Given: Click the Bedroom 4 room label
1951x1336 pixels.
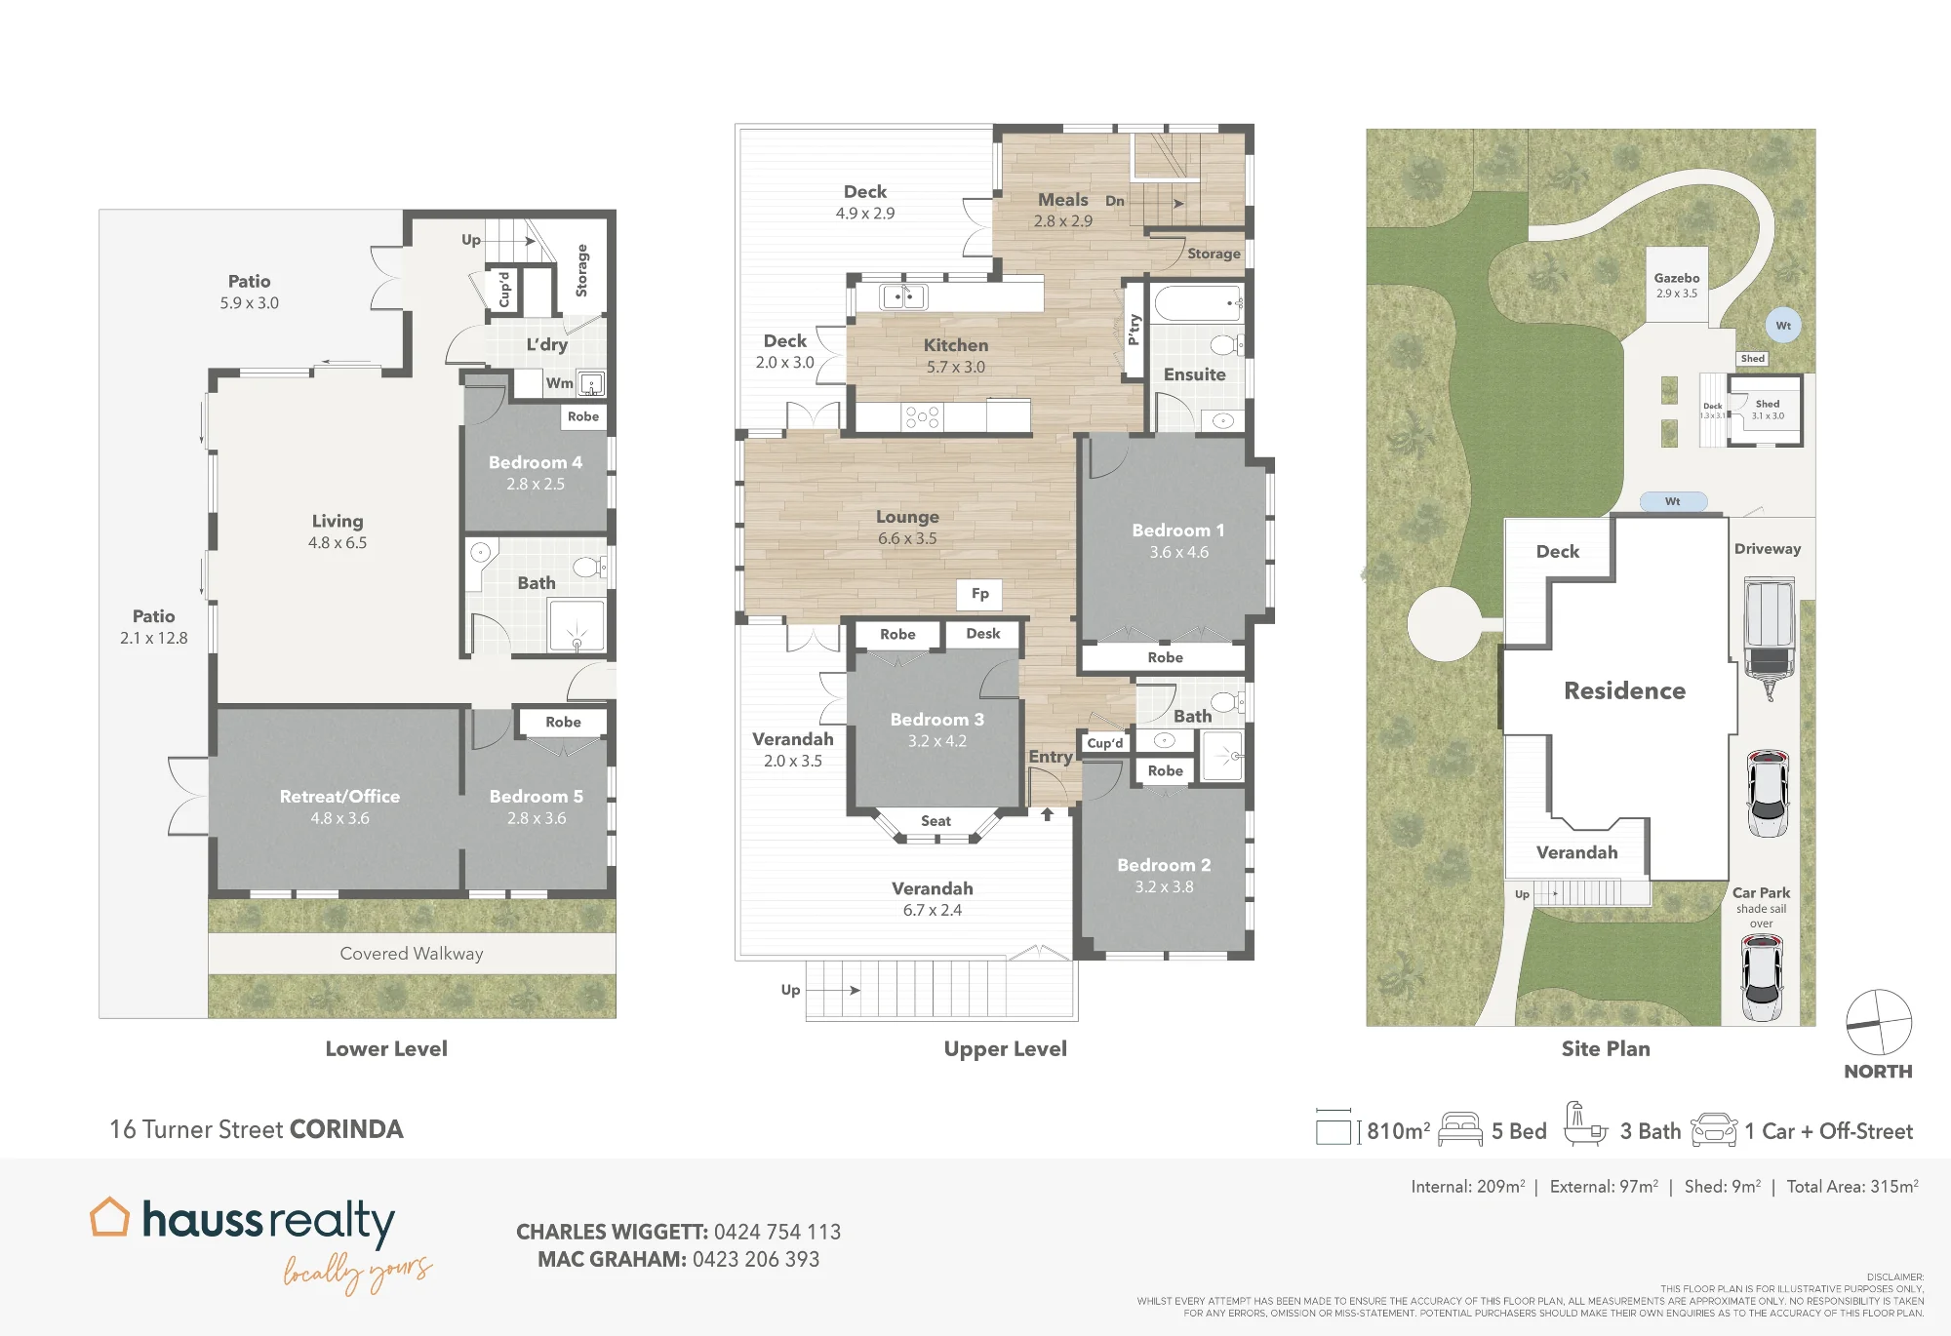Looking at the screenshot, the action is click(536, 462).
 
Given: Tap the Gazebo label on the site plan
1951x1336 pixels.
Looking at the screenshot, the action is click(1677, 278).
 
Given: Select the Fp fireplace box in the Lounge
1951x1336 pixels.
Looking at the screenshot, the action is click(980, 594).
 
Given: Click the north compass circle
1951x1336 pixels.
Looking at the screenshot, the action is click(1879, 1022).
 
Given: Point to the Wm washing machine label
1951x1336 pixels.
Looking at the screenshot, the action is click(559, 383).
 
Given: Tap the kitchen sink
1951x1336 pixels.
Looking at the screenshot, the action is click(903, 295).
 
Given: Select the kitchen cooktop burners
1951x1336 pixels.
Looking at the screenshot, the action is click(922, 417).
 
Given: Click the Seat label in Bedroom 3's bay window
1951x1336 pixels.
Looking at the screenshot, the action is click(936, 821).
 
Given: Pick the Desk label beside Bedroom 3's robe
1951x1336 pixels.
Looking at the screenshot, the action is click(983, 634).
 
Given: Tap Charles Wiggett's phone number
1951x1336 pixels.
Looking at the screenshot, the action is click(777, 1232).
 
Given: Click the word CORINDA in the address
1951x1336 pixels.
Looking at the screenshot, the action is click(346, 1129).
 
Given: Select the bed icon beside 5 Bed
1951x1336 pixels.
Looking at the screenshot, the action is click(1460, 1129).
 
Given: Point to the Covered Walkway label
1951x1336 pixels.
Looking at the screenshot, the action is click(412, 954).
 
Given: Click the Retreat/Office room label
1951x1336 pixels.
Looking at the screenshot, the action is click(339, 797).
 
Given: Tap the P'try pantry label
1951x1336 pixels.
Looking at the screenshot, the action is click(1134, 329).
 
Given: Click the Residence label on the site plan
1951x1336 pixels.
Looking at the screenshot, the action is click(1625, 690).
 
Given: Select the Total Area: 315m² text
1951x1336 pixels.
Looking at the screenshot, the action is click(1852, 1186).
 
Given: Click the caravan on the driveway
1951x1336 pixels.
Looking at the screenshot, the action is click(1769, 639).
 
